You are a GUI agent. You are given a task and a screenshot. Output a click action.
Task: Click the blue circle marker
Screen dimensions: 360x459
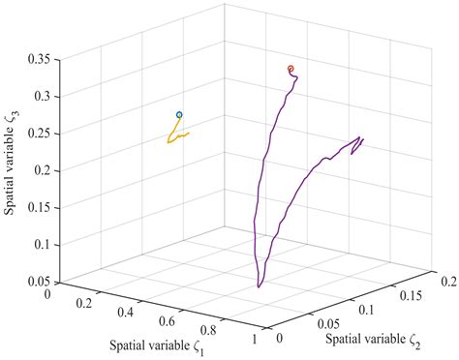coord(179,115)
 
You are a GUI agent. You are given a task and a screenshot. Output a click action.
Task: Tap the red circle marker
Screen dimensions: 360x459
coord(291,69)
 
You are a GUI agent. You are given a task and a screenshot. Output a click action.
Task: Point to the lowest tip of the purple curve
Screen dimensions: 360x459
coord(259,286)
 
